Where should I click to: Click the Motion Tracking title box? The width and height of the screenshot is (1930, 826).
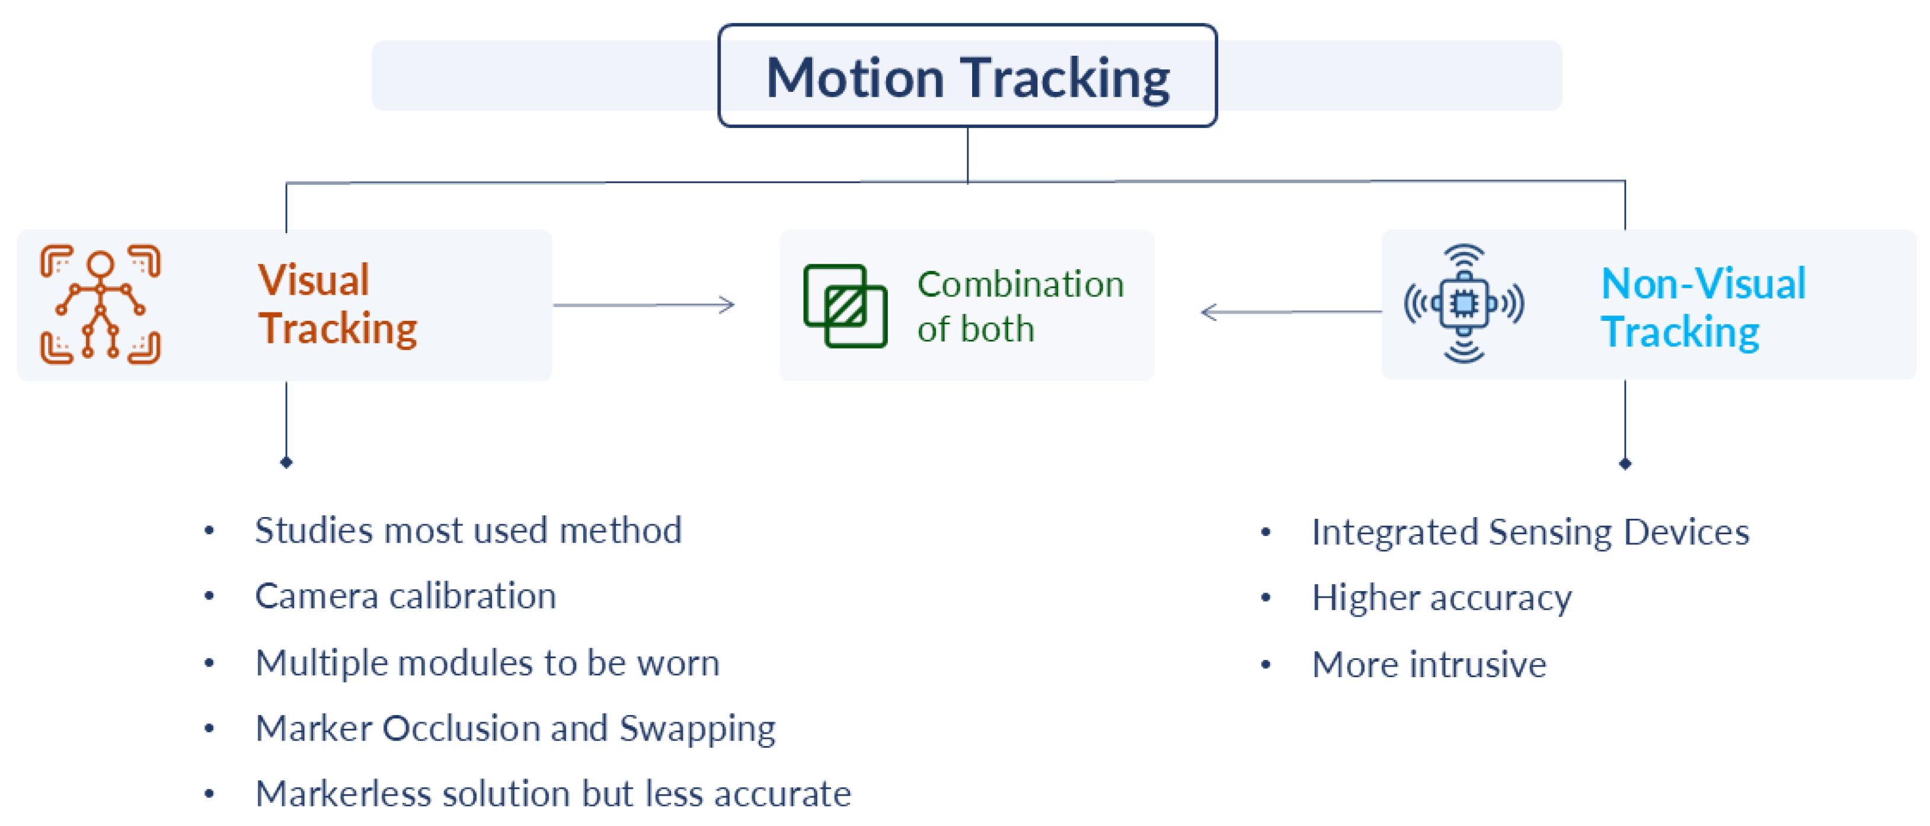(x=967, y=76)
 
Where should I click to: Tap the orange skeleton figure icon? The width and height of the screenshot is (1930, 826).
(x=100, y=304)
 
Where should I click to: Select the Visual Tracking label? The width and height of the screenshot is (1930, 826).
(x=337, y=304)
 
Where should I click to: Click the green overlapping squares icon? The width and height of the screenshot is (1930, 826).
(x=845, y=306)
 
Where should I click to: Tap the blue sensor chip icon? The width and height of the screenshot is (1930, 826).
(x=1464, y=304)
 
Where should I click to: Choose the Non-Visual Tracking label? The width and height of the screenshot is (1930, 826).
(x=1702, y=307)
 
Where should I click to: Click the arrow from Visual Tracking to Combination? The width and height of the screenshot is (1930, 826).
(x=644, y=304)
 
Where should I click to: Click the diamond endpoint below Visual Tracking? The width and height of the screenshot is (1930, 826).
(x=286, y=462)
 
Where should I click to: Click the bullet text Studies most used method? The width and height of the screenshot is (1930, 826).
(x=468, y=531)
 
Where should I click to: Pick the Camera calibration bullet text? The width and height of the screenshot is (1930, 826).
(x=405, y=597)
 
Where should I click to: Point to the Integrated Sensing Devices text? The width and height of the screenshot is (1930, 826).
(x=1530, y=532)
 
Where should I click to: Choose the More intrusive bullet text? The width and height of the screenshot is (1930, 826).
(x=1429, y=664)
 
